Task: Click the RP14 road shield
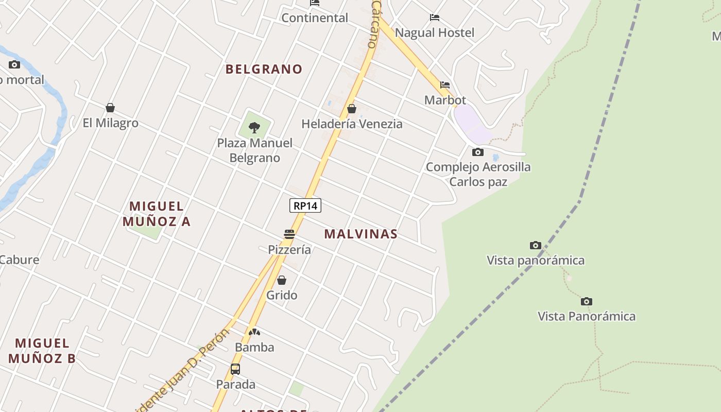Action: point(305,206)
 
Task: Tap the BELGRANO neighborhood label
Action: point(264,69)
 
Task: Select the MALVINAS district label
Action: point(360,234)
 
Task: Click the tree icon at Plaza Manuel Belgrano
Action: point(254,127)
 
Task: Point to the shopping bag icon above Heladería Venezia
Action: point(352,109)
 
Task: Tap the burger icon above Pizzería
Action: point(289,234)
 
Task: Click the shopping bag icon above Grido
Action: point(282,280)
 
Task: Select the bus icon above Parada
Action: point(235,369)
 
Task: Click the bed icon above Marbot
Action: point(445,85)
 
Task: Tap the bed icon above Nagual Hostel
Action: point(435,18)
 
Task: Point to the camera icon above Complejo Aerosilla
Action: point(478,152)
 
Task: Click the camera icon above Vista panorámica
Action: point(536,245)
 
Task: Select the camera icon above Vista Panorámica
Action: point(586,301)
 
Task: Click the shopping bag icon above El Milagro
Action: point(110,108)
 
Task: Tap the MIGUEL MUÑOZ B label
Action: point(42,351)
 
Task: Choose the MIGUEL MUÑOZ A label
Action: point(157,214)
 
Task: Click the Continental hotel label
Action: point(315,18)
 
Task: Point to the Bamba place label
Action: point(254,348)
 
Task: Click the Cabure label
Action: point(19,260)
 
